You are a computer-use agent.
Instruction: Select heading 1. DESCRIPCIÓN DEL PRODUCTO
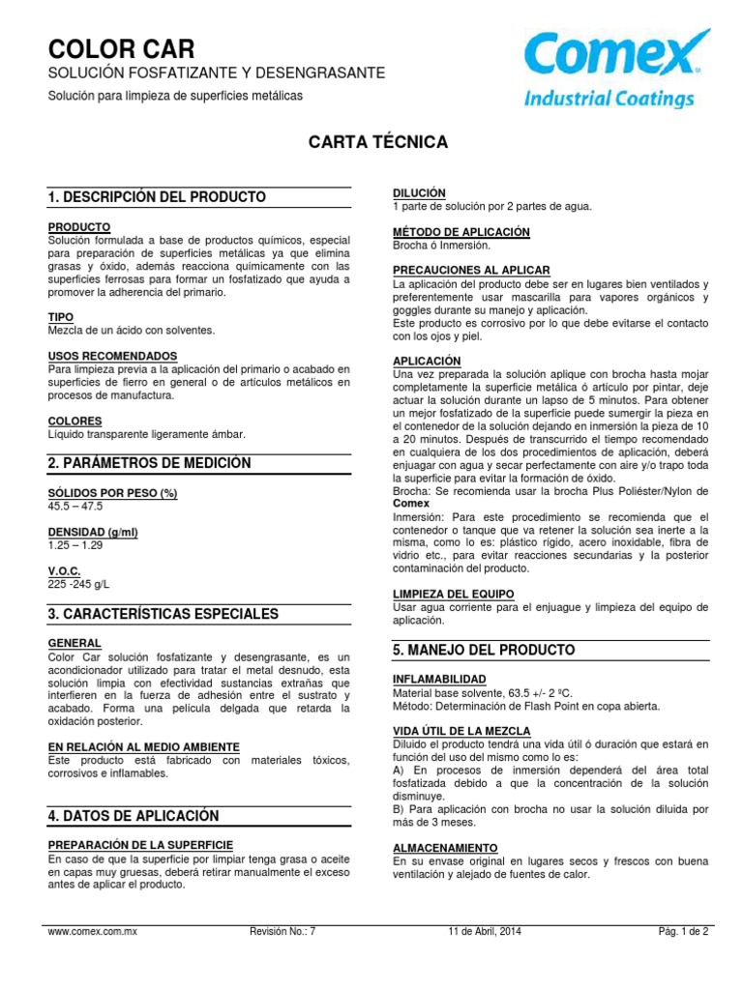(157, 197)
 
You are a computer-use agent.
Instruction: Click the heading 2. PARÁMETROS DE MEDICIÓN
(149, 463)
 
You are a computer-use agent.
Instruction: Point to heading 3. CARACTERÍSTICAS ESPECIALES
(163, 614)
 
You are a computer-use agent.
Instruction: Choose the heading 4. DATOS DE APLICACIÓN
(134, 816)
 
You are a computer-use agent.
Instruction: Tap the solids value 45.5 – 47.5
(74, 506)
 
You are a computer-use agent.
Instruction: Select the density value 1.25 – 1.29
(74, 546)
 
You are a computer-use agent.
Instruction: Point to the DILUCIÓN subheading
(419, 193)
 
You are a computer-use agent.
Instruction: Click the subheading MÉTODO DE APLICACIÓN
(461, 232)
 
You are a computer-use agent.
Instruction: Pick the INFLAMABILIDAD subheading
(439, 680)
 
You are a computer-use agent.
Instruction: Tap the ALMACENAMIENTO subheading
(444, 846)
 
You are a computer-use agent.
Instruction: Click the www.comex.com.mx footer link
(93, 932)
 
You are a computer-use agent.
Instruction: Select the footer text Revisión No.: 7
(282, 932)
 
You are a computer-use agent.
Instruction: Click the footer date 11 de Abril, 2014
(483, 932)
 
